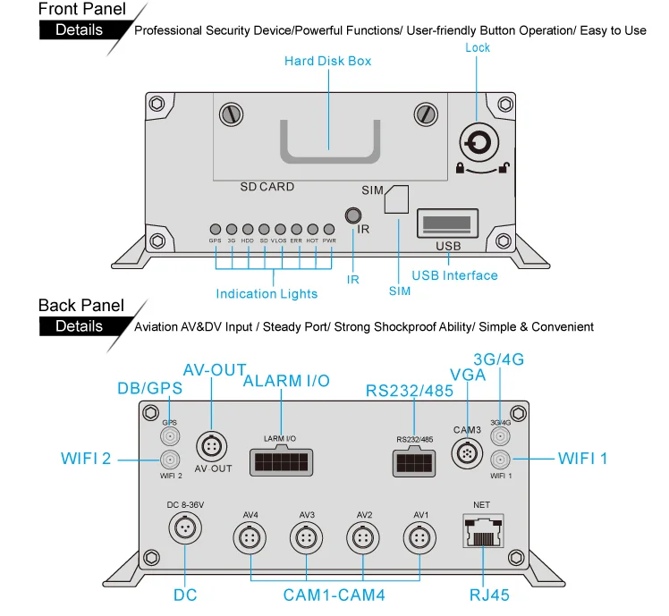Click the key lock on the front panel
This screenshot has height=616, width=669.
tap(477, 143)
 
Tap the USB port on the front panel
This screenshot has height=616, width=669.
tap(447, 223)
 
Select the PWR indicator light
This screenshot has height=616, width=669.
tap(329, 229)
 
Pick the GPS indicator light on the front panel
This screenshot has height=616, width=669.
tap(215, 229)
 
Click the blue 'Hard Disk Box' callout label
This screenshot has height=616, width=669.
tap(327, 62)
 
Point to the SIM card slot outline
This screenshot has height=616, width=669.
tap(396, 201)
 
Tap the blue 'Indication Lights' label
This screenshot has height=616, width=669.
tap(267, 293)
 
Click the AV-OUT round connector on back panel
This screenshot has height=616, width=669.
tap(213, 445)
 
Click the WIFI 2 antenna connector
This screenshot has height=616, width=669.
tap(169, 460)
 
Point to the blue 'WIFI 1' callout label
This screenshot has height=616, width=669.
tap(582, 459)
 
